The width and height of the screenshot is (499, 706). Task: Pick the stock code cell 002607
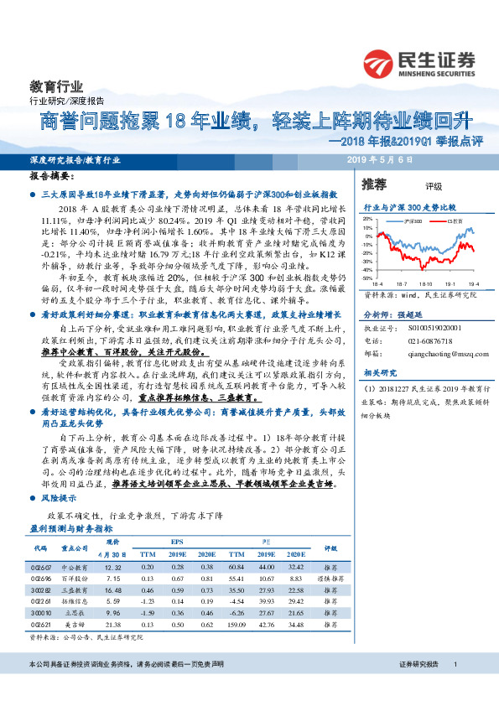coord(42,568)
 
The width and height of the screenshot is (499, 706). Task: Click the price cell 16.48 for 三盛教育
coord(114,591)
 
